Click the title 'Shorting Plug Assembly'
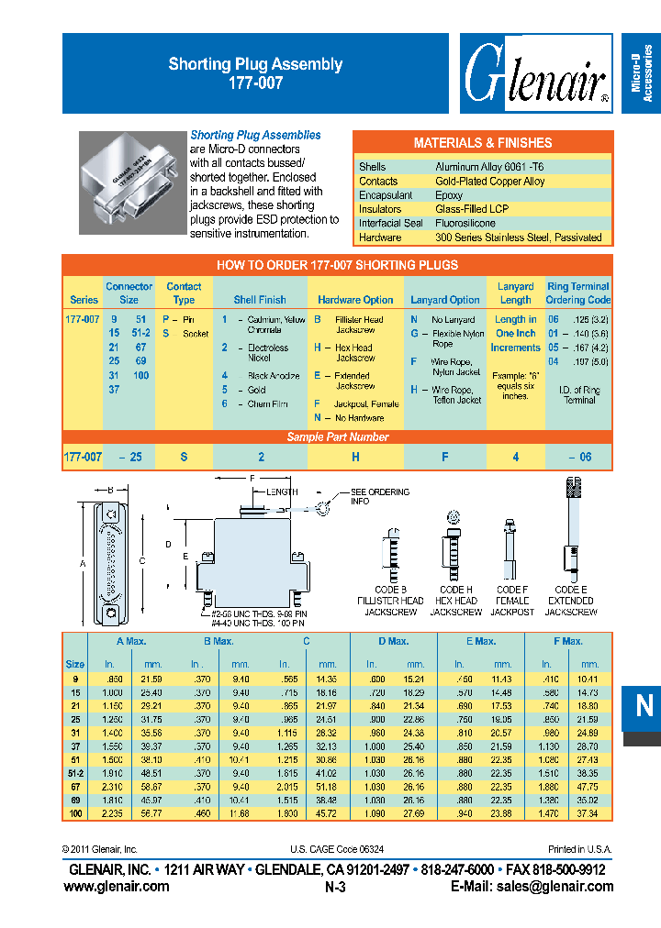coord(255,64)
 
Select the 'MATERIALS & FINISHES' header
coord(483,143)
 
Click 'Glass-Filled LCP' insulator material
coord(471,209)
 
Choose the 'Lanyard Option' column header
coord(445,300)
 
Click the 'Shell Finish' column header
coord(260,300)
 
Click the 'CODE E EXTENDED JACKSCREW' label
coord(571,601)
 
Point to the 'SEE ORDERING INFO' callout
coord(379,497)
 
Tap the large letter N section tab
coord(643,705)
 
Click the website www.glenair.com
coord(117,887)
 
